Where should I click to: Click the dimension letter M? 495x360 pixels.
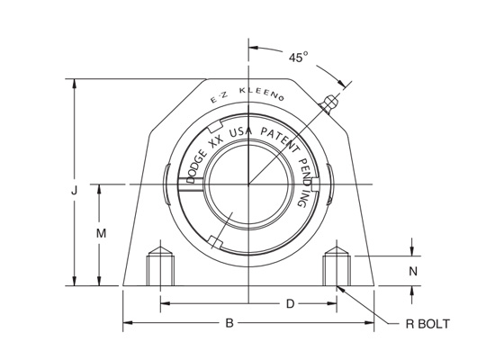click(x=102, y=234)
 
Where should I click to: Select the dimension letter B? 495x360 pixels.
click(x=229, y=321)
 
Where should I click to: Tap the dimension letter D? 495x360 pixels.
click(x=290, y=303)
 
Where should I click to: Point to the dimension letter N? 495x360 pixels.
click(x=413, y=271)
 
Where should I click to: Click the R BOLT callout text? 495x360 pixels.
click(x=424, y=324)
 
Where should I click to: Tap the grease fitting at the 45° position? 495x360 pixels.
click(x=330, y=103)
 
